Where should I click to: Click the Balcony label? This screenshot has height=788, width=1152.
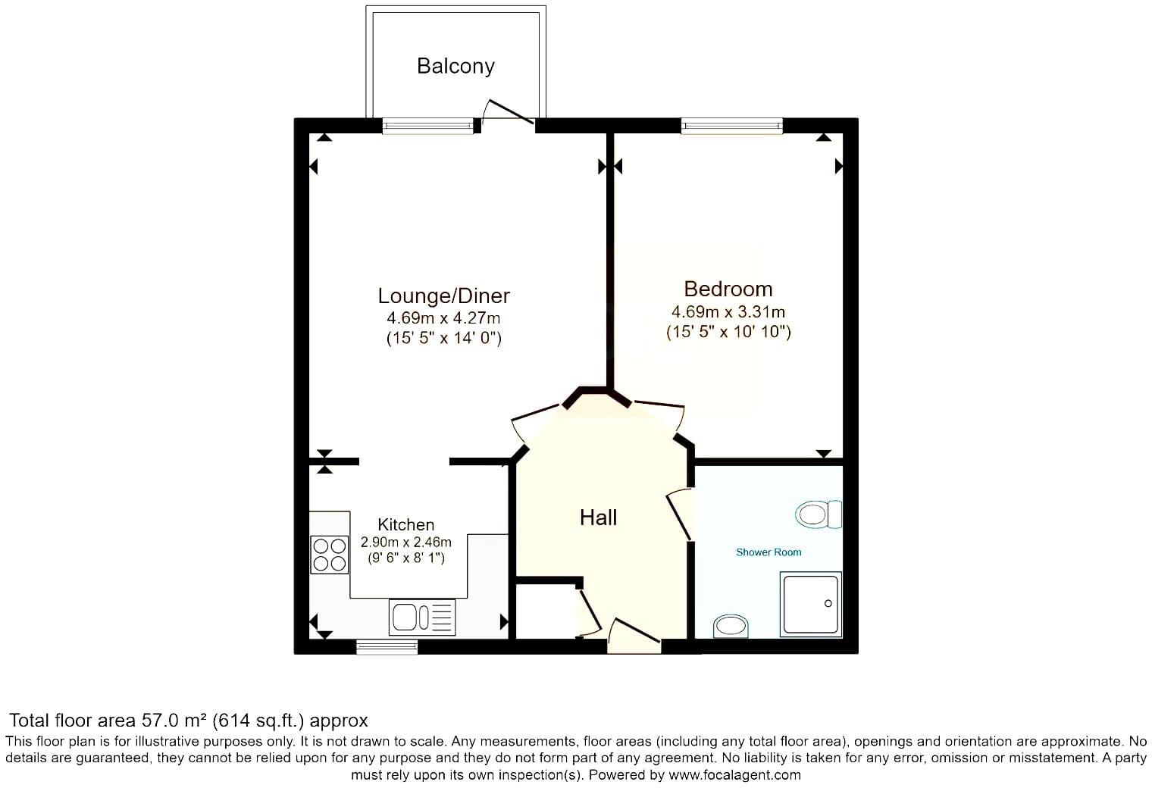click(455, 67)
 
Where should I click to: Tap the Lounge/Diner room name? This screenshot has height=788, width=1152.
click(444, 295)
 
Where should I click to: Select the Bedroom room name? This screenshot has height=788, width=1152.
click(728, 289)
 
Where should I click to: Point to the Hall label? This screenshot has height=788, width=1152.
click(598, 518)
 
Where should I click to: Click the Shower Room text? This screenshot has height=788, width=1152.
click(769, 552)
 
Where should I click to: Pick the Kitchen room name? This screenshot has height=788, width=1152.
click(405, 524)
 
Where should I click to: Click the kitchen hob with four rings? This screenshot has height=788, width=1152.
click(330, 555)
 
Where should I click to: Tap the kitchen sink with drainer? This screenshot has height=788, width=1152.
click(422, 617)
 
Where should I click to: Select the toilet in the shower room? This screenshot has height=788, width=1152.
click(819, 514)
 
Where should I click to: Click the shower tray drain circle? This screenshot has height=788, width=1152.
click(828, 603)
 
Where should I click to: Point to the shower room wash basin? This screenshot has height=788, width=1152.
click(731, 626)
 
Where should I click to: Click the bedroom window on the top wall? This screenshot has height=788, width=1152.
click(732, 126)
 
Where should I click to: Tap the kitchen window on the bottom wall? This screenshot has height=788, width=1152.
click(387, 646)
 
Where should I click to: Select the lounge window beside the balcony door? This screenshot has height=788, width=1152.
click(428, 126)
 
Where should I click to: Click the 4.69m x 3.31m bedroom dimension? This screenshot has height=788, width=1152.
click(728, 312)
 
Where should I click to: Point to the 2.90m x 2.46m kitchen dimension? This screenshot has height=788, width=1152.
click(405, 542)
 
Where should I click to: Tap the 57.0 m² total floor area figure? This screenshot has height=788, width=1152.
click(174, 720)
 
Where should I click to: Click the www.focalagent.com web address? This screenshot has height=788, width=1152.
click(734, 774)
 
